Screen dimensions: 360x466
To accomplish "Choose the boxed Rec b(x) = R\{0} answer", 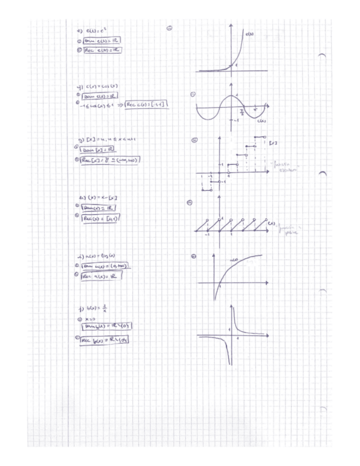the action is [108, 341].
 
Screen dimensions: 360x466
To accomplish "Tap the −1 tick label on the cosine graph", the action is [236, 119].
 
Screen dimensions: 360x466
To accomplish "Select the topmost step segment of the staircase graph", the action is [261, 137].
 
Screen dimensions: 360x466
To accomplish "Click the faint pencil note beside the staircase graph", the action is [286, 167].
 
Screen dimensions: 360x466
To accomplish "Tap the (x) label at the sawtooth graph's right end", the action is [271, 224].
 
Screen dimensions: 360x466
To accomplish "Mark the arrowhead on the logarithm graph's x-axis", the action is [267, 282].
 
